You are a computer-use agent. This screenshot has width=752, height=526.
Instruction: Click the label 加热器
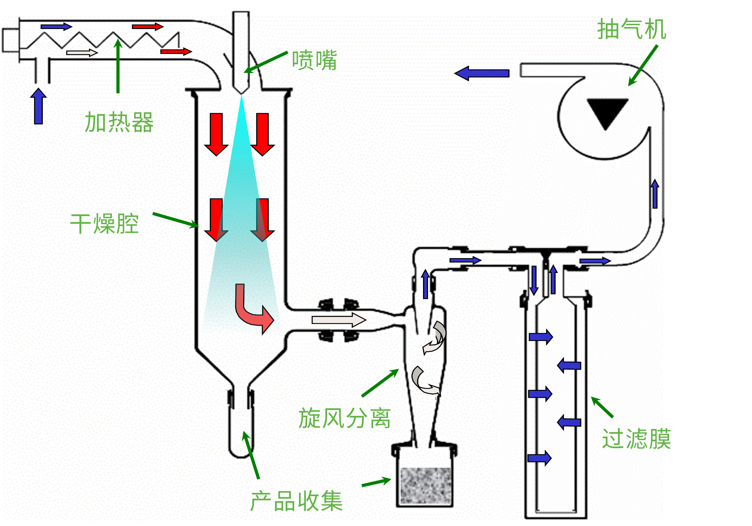(119, 122)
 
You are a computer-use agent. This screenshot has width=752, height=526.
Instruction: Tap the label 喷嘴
(314, 60)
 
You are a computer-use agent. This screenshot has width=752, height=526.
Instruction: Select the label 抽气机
(632, 29)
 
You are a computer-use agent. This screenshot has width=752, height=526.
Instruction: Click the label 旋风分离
(344, 418)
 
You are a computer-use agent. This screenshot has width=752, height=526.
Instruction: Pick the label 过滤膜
(636, 439)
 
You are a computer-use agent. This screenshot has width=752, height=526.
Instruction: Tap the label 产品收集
(297, 501)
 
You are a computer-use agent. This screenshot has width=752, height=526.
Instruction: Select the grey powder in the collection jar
(426, 486)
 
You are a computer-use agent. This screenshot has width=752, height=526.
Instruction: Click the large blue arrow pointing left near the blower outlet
(482, 73)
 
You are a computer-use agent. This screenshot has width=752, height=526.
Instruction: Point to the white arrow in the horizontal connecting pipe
(339, 320)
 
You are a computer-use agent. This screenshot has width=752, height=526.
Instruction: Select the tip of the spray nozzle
(241, 94)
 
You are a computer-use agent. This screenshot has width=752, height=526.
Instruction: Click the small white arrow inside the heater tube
(82, 53)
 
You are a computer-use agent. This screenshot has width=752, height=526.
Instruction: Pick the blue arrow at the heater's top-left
(56, 26)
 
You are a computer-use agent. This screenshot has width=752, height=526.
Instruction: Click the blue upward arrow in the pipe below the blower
(655, 194)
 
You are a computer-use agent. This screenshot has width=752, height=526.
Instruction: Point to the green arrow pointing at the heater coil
(118, 66)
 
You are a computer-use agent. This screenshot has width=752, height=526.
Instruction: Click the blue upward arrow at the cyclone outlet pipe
(426, 284)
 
